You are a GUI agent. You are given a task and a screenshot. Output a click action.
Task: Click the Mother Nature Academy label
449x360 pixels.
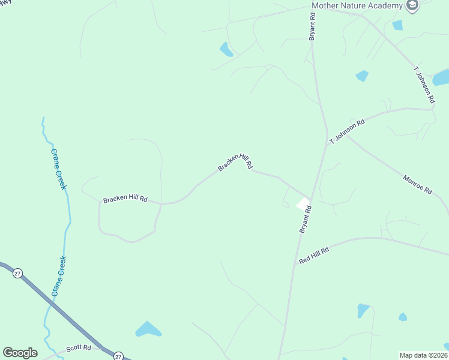[x=357, y=6]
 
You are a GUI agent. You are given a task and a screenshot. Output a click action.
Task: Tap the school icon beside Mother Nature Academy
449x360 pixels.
[x=412, y=6]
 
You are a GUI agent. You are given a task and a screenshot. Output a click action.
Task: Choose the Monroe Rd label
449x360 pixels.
[x=417, y=184]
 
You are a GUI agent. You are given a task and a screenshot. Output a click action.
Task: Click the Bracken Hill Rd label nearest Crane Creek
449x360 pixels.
[x=125, y=199]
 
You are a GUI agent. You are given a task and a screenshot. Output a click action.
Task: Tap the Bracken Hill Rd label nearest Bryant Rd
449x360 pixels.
[x=235, y=162]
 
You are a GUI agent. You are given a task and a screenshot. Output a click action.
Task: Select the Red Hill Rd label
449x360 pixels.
[x=314, y=256]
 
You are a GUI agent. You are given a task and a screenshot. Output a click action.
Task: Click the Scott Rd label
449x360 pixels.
[x=78, y=347]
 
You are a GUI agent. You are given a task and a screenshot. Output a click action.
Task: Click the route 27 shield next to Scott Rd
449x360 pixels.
[x=118, y=355]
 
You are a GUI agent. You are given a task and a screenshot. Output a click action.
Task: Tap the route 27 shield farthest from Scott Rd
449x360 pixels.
[x=17, y=272]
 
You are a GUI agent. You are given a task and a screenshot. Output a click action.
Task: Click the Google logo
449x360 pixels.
[x=20, y=353]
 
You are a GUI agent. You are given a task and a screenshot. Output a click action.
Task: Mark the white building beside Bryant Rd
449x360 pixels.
[x=303, y=204]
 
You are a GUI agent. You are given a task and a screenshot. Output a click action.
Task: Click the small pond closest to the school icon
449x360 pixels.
[x=397, y=25]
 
